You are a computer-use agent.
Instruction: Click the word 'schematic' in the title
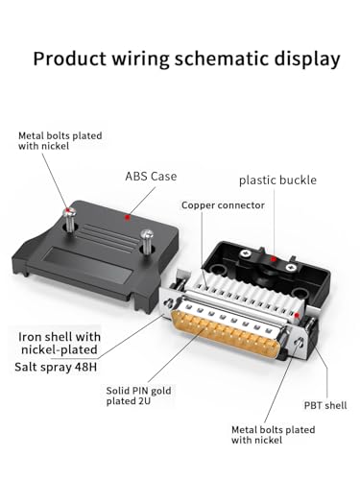coord(222,60)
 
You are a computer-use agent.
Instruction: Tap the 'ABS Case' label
coord(151,177)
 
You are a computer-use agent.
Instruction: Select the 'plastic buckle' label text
coord(277,180)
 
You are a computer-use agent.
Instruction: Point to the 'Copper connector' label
coord(223,205)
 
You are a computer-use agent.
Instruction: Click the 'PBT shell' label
coord(325,405)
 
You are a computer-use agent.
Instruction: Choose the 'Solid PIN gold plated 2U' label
coord(138,396)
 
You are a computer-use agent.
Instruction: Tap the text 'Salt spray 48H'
coord(56,367)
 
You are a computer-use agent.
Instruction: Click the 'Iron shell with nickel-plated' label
coord(60,343)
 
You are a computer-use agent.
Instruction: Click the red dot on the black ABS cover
coord(128,217)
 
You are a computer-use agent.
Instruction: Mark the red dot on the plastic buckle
coord(273,258)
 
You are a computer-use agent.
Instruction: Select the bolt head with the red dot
coord(69,211)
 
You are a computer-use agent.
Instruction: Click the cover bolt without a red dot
coord(146,234)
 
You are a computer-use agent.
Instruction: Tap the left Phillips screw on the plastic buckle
coord(247,253)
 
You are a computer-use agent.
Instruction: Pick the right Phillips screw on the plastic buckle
coord(291,267)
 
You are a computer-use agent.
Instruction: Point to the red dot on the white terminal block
coord(297,315)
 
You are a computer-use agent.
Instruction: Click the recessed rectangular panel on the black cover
coord(87,266)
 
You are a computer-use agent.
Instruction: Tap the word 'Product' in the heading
coord(69,59)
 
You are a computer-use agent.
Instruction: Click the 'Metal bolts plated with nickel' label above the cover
coord(60,141)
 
